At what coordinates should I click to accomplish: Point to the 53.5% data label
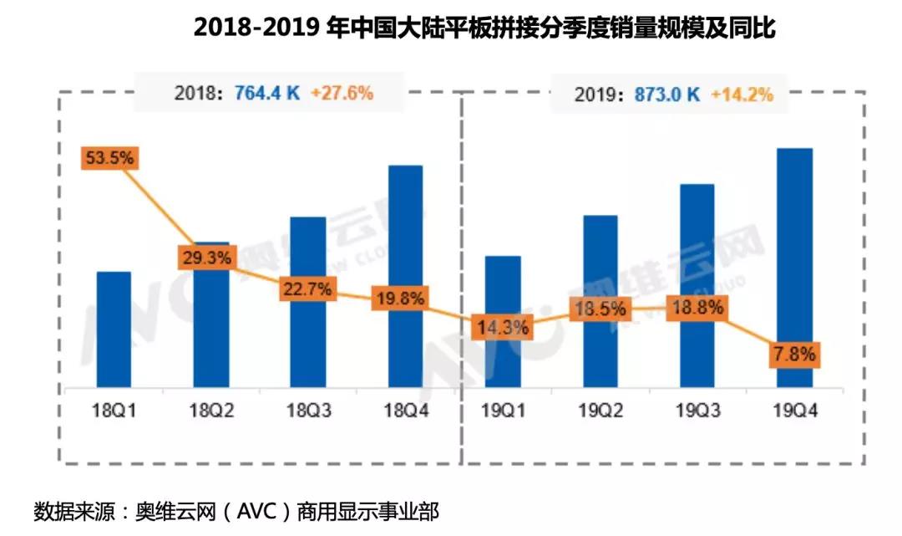109,157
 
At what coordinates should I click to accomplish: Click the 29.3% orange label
205,258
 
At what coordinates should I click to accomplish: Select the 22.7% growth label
308,289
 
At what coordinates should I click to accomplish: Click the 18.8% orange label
697,308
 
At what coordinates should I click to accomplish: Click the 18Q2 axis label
211,410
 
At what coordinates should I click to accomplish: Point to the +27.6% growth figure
342,93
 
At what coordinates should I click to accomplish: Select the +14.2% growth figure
742,94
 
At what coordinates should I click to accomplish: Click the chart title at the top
484,28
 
